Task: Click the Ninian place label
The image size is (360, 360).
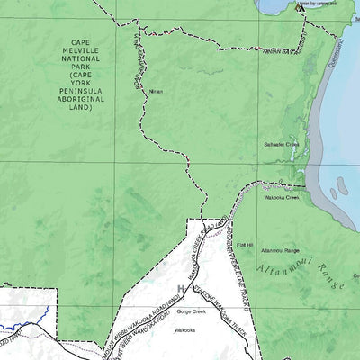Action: (x=157, y=91)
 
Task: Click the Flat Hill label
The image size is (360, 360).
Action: (x=245, y=242)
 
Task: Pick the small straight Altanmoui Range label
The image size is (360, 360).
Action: (x=280, y=250)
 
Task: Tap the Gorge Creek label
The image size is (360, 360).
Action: (x=192, y=311)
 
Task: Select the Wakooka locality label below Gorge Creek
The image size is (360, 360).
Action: (x=184, y=330)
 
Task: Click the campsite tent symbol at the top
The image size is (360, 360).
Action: (x=301, y=6)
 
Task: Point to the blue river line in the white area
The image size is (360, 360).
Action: (x=22, y=315)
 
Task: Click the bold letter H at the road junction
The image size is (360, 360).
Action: (x=182, y=289)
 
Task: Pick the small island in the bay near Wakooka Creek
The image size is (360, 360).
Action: (x=334, y=192)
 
